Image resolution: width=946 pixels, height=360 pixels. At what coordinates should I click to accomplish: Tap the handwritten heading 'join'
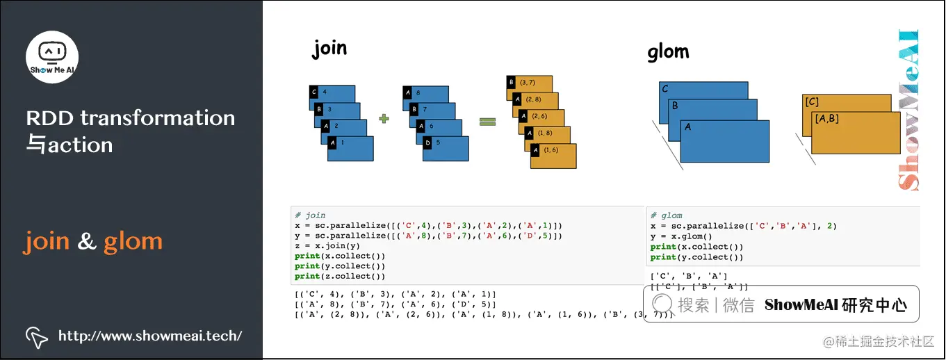tap(329, 49)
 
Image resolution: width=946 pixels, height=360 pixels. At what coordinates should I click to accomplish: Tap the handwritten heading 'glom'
tap(668, 52)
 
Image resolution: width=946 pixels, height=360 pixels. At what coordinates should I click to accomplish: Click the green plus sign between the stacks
tap(383, 119)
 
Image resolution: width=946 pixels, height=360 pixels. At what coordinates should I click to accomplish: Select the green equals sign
tap(487, 122)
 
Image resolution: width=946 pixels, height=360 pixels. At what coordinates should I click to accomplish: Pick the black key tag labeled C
tap(314, 92)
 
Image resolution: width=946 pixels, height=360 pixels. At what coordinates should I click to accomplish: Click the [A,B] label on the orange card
tap(826, 119)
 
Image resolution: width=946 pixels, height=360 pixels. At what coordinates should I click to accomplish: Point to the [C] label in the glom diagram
tap(811, 102)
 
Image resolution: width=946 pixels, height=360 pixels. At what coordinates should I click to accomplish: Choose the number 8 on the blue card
tap(417, 92)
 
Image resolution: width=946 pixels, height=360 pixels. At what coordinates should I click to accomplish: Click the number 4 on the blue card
tap(325, 92)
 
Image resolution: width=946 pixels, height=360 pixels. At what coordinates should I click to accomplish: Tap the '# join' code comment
tap(310, 215)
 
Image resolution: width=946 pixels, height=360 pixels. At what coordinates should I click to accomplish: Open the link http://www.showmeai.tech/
tap(150, 336)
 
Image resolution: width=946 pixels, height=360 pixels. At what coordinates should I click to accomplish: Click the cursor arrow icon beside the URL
tap(36, 336)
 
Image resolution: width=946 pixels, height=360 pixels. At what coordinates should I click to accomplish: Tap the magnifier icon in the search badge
tap(662, 304)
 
